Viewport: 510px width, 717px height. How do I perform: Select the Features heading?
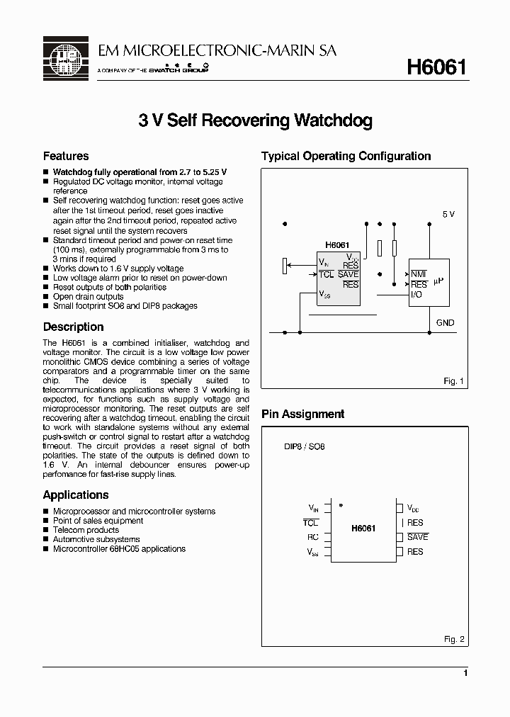point(66,156)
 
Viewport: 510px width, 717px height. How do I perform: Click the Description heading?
point(73,327)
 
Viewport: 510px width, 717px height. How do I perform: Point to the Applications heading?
point(76,495)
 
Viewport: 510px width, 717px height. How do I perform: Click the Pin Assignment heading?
point(302,414)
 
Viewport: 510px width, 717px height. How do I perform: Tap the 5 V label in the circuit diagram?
point(448,214)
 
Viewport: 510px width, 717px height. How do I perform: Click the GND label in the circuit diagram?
point(446,322)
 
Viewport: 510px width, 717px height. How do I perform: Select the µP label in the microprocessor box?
point(438,281)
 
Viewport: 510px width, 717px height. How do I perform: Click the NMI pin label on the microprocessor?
point(418,274)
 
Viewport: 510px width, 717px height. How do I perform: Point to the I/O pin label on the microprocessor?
point(416,294)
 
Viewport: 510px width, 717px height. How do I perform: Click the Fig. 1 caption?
point(453,381)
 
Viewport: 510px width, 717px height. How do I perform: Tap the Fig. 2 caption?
point(453,639)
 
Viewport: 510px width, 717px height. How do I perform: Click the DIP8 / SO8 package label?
point(304,448)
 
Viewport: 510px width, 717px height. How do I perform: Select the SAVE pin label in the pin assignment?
point(417,537)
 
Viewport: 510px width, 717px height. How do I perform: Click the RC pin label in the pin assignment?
point(313,537)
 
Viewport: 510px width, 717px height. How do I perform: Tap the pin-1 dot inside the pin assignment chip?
point(341,505)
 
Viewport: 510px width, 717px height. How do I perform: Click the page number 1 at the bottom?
point(465,673)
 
